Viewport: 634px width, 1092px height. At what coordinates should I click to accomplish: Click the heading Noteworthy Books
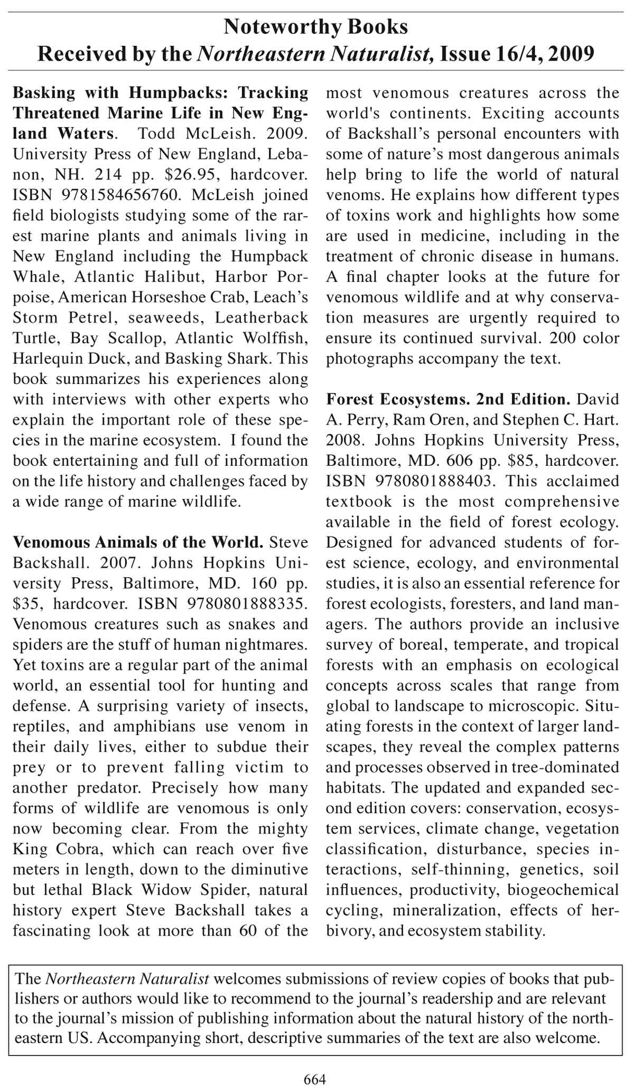pyautogui.click(x=316, y=26)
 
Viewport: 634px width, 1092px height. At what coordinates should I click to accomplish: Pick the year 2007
pyautogui.click(x=114, y=563)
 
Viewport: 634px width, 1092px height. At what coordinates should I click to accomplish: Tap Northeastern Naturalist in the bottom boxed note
pyautogui.click(x=127, y=978)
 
